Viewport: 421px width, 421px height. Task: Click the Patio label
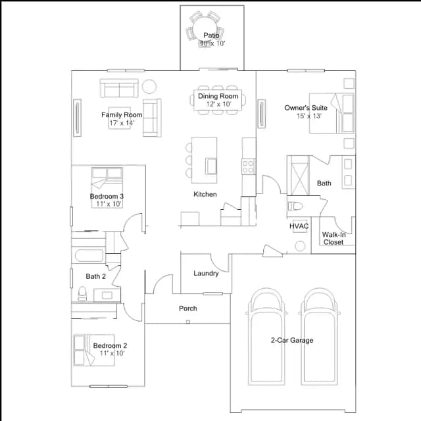pyautogui.click(x=211, y=35)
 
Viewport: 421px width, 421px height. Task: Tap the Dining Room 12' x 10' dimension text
pyautogui.click(x=219, y=104)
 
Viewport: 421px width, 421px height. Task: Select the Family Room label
pyautogui.click(x=122, y=114)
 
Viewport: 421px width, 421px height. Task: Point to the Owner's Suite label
pyautogui.click(x=306, y=108)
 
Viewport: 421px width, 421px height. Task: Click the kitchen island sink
pyautogui.click(x=211, y=166)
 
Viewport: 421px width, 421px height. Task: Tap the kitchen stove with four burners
pyautogui.click(x=249, y=166)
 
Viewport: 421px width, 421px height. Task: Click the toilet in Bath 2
pyautogui.click(x=82, y=293)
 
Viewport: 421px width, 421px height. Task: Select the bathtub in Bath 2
pyautogui.click(x=89, y=255)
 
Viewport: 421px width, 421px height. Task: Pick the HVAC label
pyautogui.click(x=299, y=226)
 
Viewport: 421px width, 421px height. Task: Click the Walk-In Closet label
pyautogui.click(x=334, y=238)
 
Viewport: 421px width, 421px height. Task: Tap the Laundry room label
pyautogui.click(x=206, y=274)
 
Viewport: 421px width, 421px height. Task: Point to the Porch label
pyautogui.click(x=188, y=309)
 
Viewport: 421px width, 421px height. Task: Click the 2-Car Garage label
pyautogui.click(x=292, y=340)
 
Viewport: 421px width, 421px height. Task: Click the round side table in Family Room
pyautogui.click(x=149, y=86)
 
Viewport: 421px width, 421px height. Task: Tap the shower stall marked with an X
pyautogui.click(x=298, y=176)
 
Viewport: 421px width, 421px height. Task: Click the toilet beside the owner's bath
pyautogui.click(x=295, y=206)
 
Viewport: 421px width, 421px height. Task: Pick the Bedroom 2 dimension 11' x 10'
pyautogui.click(x=112, y=353)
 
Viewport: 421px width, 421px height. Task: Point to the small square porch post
pyautogui.click(x=188, y=322)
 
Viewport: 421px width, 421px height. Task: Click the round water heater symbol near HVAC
pyautogui.click(x=300, y=246)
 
